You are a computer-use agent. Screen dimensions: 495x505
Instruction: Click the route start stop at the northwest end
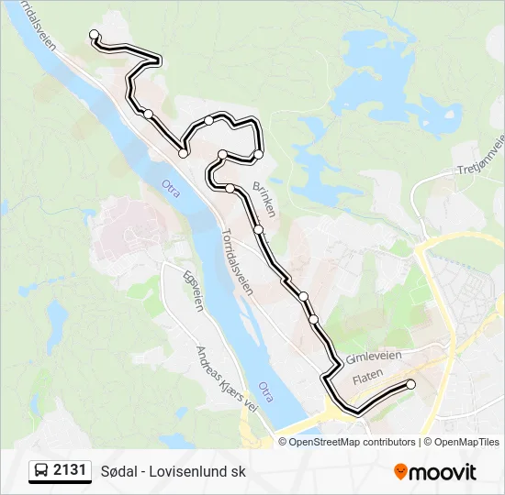coord(94,35)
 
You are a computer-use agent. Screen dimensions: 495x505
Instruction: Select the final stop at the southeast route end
coord(410,385)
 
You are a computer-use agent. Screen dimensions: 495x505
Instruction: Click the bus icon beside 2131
coord(42,471)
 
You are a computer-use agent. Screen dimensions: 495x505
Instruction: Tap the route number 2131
coord(70,471)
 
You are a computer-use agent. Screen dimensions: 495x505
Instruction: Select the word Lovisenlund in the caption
coord(193,472)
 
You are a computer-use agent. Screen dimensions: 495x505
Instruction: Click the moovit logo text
coord(443,473)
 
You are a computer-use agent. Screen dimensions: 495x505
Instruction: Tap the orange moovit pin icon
coord(400,472)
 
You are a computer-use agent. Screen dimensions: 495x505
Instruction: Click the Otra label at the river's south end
coord(266,391)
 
